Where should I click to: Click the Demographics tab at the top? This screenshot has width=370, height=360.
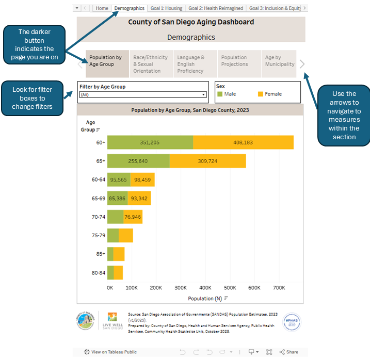pos(129,8)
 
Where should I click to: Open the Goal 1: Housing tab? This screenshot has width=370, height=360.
pos(166,8)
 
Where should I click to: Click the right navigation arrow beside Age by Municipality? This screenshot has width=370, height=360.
pos(302,64)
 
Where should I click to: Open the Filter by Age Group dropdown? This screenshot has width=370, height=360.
pos(143,95)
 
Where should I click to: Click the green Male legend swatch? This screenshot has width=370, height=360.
pos(219,94)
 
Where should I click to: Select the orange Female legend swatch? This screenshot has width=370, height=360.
pos(260,94)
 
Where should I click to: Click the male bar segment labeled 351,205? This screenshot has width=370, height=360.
pos(150,142)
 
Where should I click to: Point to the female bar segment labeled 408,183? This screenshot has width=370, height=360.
pos(243,142)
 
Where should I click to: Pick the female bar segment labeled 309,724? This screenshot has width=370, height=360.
pos(207,161)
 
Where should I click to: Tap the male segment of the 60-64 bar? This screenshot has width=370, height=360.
pos(119,179)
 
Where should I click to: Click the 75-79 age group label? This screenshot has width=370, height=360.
pos(98,236)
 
